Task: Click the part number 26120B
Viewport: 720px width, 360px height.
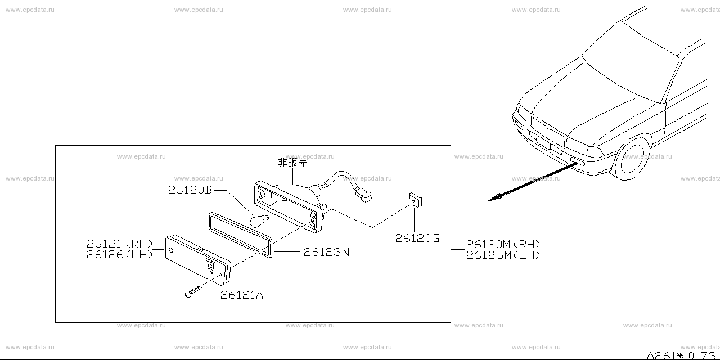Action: point(190,190)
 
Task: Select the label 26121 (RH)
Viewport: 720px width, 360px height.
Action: point(120,244)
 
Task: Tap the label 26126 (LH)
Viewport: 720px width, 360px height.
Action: point(120,255)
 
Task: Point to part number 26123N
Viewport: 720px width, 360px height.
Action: point(326,252)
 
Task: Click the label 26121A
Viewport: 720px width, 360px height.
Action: point(242,295)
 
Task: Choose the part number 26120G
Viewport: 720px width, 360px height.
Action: point(417,238)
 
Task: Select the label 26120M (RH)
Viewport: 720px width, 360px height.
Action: point(503,244)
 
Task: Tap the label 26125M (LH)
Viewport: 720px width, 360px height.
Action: point(503,255)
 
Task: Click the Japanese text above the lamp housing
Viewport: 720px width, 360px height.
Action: point(292,163)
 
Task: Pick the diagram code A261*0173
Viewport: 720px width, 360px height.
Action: point(681,355)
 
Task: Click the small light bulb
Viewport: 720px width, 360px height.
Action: point(259,220)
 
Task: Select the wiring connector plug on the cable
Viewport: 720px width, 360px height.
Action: point(364,195)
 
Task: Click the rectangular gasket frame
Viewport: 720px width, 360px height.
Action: point(241,235)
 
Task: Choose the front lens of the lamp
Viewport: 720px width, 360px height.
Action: point(198,260)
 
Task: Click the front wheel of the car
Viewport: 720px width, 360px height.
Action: point(632,159)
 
